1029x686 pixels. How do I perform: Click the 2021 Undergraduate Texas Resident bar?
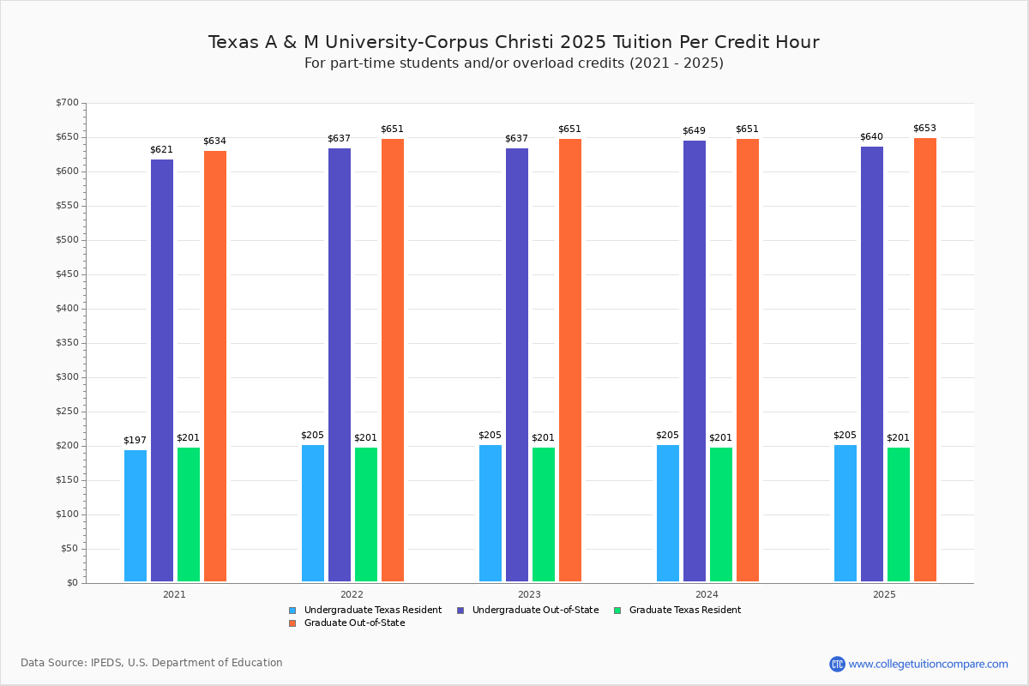pyautogui.click(x=135, y=515)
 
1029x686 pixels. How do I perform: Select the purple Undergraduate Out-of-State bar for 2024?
pyautogui.click(x=695, y=361)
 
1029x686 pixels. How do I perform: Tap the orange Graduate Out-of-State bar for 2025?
pyautogui.click(x=925, y=359)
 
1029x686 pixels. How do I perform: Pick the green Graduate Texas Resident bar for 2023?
pyautogui.click(x=544, y=514)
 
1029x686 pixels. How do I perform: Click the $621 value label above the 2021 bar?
pyautogui.click(x=161, y=150)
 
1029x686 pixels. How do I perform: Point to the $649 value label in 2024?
pyautogui.click(x=694, y=131)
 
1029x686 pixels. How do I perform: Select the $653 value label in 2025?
pyautogui.click(x=924, y=129)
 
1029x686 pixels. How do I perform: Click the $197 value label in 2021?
pyautogui.click(x=135, y=441)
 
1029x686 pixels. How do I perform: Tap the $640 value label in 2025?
pyautogui.click(x=871, y=137)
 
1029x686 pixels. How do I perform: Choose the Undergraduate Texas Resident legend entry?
pyautogui.click(x=365, y=611)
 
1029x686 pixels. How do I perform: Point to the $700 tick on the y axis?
pyautogui.click(x=67, y=103)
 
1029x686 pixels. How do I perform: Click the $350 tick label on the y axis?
pyautogui.click(x=67, y=343)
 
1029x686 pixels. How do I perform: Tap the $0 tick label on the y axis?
pyautogui.click(x=72, y=583)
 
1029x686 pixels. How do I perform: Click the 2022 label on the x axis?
pyautogui.click(x=352, y=594)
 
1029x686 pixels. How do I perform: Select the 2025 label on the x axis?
pyautogui.click(x=884, y=594)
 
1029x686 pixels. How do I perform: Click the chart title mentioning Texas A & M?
pyautogui.click(x=514, y=42)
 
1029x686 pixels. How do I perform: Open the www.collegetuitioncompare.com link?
pyautogui.click(x=928, y=664)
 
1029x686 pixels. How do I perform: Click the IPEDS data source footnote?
pyautogui.click(x=152, y=663)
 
